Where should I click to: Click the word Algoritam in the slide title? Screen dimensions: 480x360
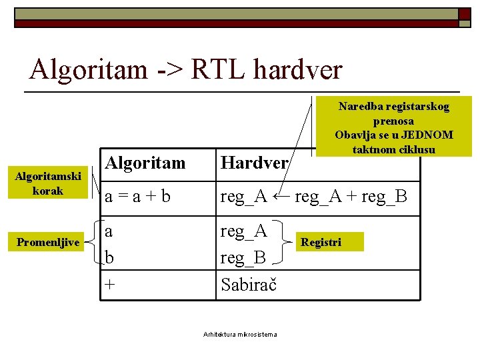point(89,69)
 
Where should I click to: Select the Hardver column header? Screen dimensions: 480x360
point(254,162)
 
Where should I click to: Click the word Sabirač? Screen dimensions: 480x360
point(249,284)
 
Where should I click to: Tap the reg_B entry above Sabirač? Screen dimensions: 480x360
point(243,257)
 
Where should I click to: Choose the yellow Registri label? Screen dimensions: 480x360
point(321,242)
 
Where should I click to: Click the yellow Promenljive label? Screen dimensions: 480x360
point(48,242)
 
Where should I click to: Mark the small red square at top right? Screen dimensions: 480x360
point(464,14)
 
